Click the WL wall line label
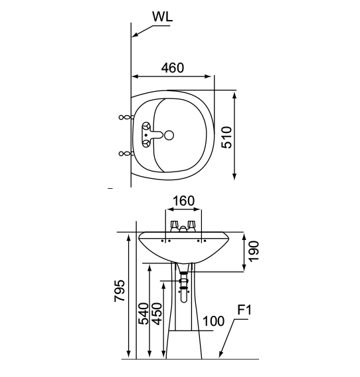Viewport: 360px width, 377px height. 162,17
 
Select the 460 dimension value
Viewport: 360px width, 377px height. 173,68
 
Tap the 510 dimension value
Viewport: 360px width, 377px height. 226,137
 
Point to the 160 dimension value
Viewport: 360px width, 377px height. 183,201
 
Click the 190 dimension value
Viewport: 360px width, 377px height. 254,251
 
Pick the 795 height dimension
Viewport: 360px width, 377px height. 120,291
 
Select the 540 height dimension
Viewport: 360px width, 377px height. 144,314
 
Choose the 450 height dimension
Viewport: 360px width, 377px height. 157,314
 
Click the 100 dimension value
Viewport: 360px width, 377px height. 213,320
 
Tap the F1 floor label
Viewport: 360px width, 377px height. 244,310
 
